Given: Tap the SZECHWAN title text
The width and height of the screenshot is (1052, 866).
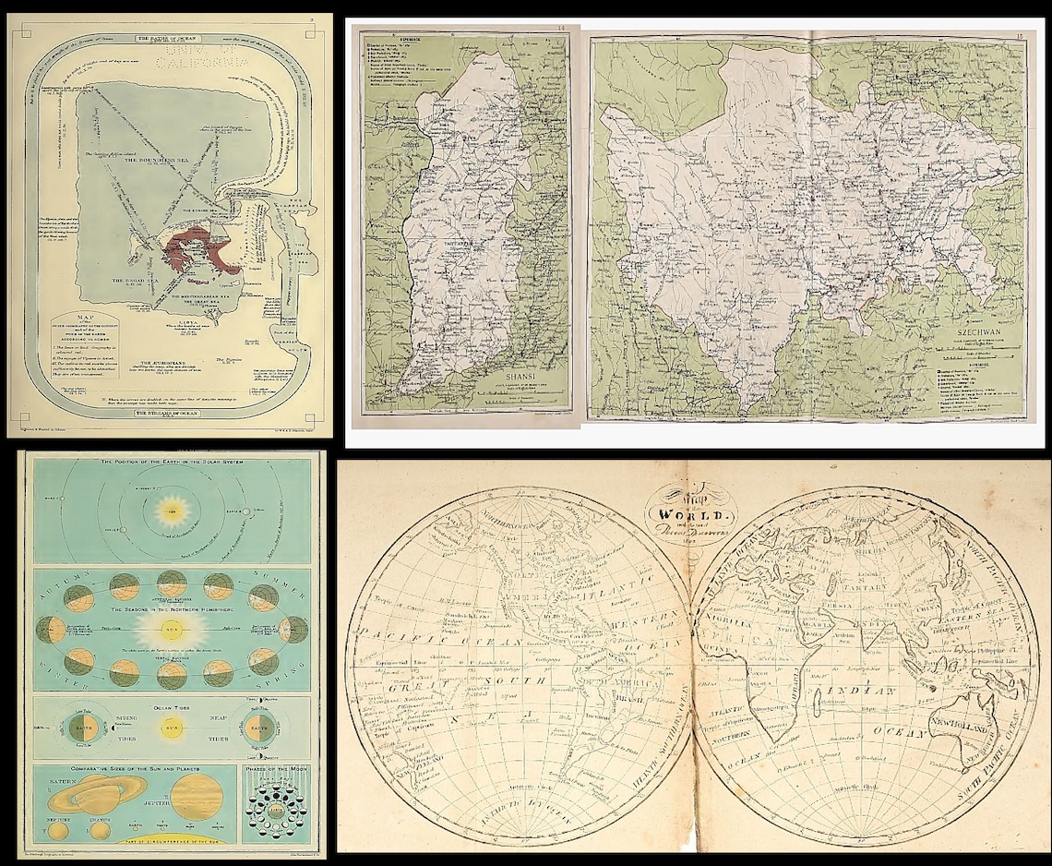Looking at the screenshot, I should [979, 336].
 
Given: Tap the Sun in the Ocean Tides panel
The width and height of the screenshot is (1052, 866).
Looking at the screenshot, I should [169, 727].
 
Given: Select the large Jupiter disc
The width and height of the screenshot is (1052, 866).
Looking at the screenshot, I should [195, 795].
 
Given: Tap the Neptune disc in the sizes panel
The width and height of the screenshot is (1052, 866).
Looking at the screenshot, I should [58, 829].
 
